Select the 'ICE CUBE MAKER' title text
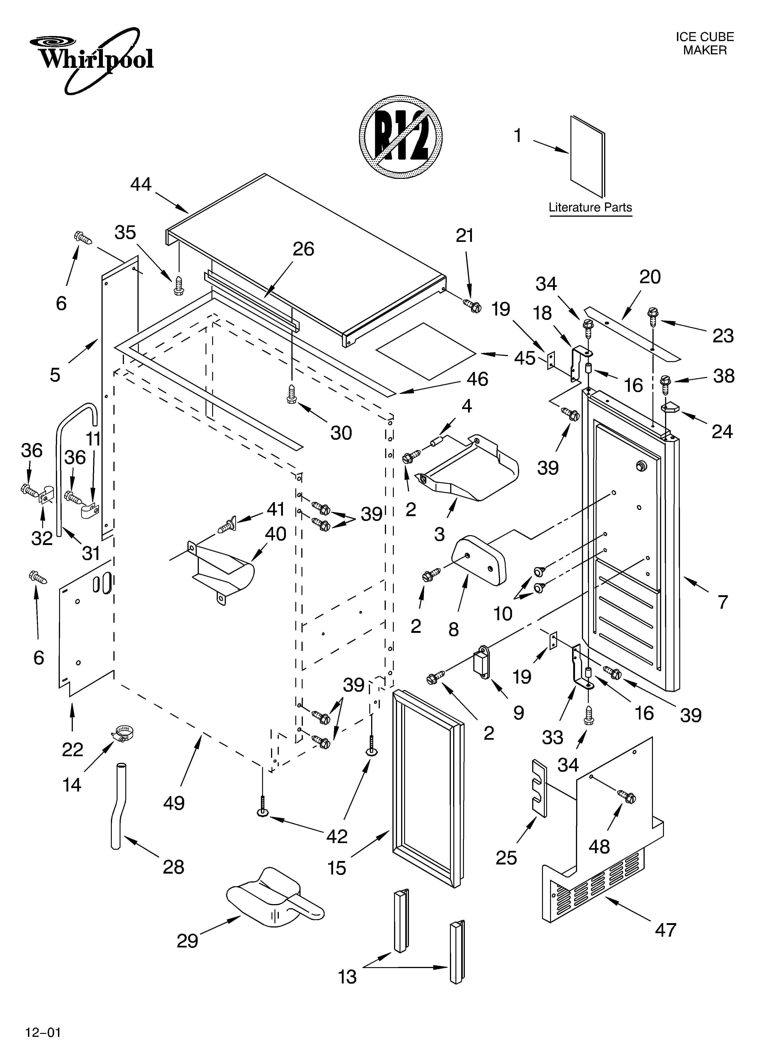click(x=704, y=44)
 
